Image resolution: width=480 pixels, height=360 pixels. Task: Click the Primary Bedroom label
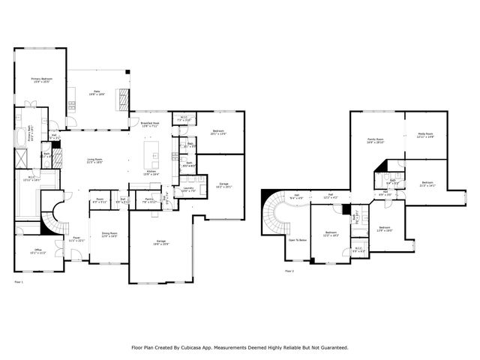[x=40, y=80]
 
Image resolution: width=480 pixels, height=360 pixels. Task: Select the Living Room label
[x=94, y=160]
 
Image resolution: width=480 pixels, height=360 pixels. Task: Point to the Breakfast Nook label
[x=149, y=124]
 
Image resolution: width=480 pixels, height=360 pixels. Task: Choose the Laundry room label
[x=187, y=189]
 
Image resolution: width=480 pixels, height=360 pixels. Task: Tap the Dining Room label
[x=109, y=234]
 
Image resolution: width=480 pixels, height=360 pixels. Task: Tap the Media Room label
[x=425, y=136]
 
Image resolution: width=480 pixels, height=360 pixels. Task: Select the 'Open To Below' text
[x=298, y=240]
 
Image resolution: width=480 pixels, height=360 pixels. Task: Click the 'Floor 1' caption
[x=19, y=282]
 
